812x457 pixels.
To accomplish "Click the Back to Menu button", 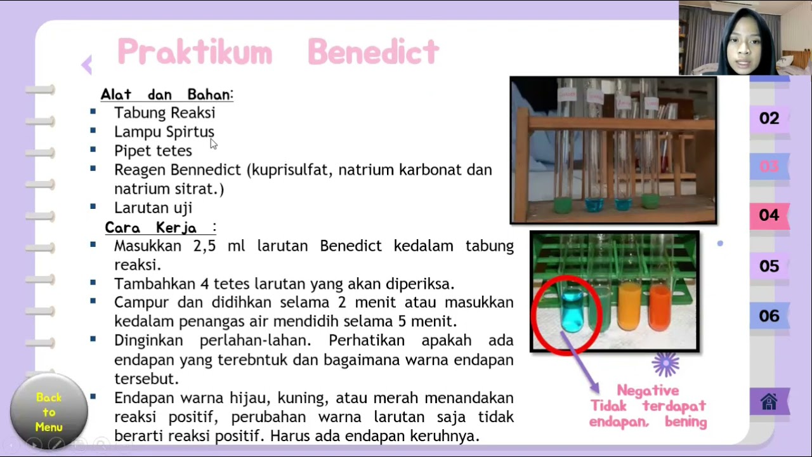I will (49, 411).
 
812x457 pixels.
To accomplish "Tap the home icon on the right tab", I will (769, 402).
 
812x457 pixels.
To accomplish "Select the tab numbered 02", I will (769, 118).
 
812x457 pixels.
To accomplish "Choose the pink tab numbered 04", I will (769, 215).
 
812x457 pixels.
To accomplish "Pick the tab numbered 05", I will (769, 266).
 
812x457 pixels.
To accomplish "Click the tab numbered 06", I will (769, 316).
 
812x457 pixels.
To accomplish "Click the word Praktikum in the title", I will (195, 52).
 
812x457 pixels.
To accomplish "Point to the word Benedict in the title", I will (373, 52).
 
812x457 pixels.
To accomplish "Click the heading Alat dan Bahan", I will (166, 95).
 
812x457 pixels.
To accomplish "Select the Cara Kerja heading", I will (151, 227).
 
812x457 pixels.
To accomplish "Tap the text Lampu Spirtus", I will (164, 131).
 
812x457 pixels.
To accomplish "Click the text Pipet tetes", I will (153, 150).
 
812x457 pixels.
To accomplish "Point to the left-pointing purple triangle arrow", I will (87, 64).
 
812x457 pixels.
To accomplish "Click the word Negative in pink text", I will (648, 390).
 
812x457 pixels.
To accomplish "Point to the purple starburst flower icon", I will (665, 364).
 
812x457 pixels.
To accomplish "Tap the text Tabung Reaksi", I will (164, 112).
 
